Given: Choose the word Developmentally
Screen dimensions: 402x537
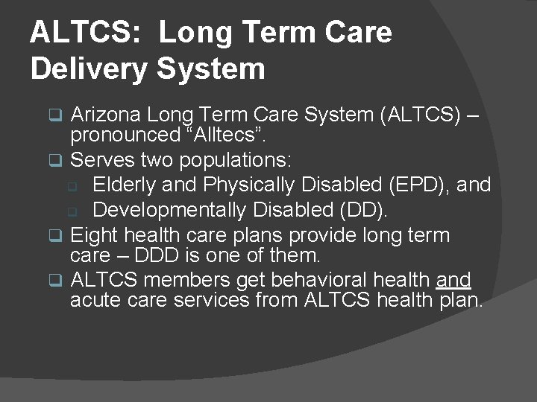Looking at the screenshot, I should tap(169, 210).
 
